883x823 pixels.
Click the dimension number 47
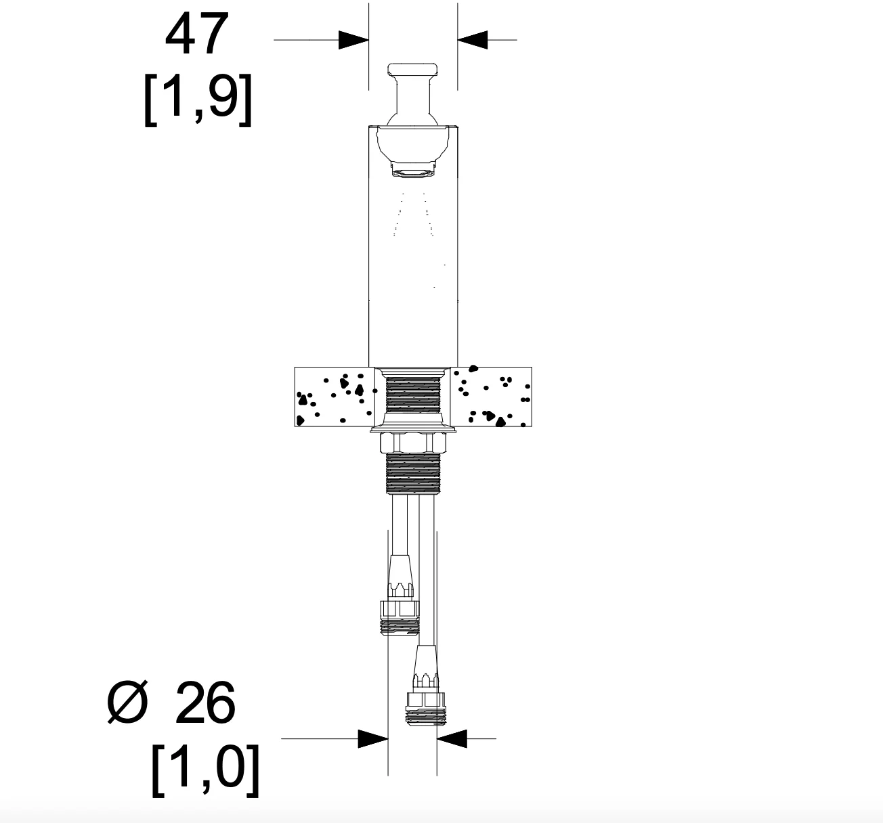point(197,34)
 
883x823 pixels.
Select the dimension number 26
point(205,703)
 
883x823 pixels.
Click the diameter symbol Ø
point(127,703)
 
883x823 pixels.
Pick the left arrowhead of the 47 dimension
point(353,40)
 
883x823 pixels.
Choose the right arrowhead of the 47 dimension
point(473,40)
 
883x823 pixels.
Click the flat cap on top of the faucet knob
point(412,69)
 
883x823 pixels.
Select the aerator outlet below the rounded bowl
point(412,169)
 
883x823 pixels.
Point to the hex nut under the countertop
point(413,443)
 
